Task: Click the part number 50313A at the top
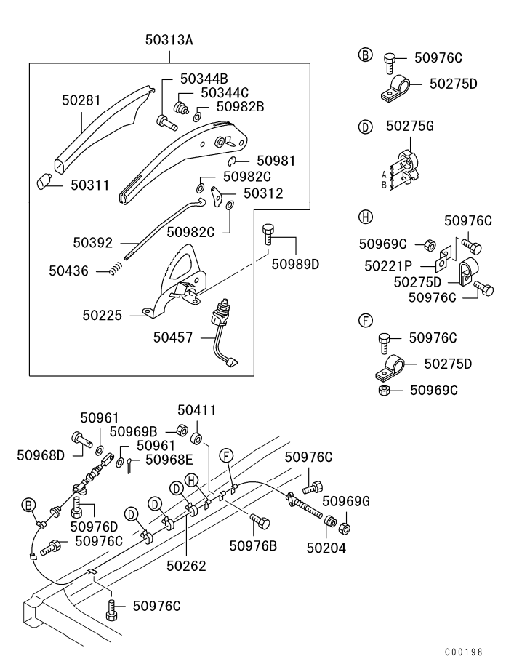(169, 40)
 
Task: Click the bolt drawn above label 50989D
(268, 233)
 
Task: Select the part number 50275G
(410, 127)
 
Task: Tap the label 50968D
(41, 455)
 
